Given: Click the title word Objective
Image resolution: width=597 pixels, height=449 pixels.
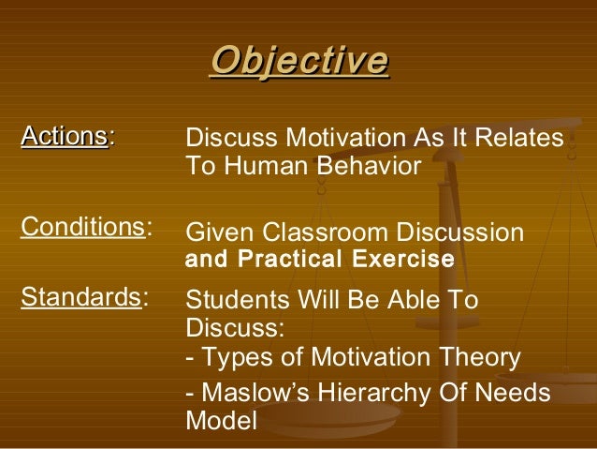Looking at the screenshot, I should pos(298,61).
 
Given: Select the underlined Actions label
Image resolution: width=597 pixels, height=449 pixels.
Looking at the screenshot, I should pos(65,137).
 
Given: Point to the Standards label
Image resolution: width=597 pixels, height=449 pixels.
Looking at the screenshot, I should pos(80,298).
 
